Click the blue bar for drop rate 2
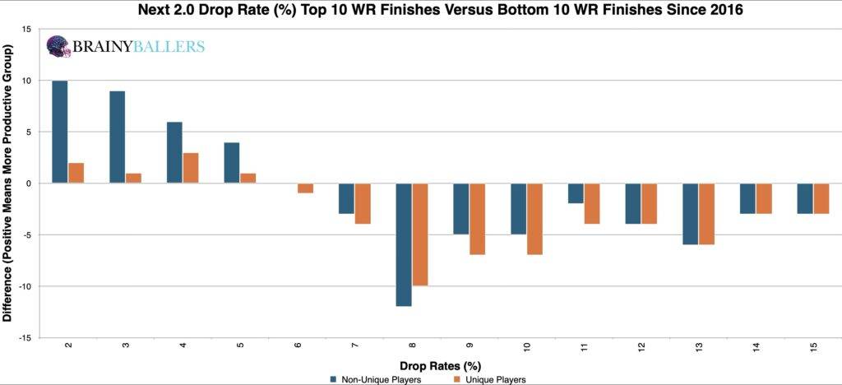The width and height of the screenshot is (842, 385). coord(59,132)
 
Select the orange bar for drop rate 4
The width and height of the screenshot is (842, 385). coord(190,168)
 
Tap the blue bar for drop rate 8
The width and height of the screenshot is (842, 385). coord(404,244)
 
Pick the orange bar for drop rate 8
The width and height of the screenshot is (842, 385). coord(420,234)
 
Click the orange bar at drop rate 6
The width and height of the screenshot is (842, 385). coord(305,188)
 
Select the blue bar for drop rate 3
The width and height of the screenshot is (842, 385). coord(117,137)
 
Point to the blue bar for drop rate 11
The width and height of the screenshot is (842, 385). coord(576,193)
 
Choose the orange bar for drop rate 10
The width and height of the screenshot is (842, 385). coord(534,219)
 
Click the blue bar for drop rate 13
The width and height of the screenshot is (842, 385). coord(690,214)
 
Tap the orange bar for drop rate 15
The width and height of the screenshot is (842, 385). coord(821,198)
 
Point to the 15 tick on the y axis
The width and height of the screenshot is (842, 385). coord(27,30)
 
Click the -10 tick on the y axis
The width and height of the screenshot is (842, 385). coord(25,286)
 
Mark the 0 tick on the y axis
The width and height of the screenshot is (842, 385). coord(29,183)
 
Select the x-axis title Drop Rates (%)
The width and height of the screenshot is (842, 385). coord(440,364)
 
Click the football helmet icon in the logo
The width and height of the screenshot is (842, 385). coord(58,47)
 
